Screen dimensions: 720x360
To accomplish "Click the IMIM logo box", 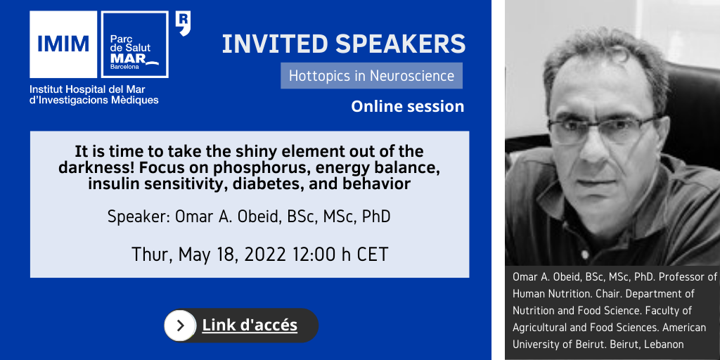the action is pos(63,44).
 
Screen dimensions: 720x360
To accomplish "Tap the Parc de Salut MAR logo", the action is pos(134,44).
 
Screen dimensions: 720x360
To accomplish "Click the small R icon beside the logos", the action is pos(183,24).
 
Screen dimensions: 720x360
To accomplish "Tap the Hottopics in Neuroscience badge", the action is pos(371,76).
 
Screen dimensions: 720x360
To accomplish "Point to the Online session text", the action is pos(408,107).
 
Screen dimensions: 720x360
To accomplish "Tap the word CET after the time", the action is pos(371,255).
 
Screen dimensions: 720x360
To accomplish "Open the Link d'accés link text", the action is pos(250,325).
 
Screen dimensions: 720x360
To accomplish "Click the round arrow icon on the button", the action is pos(180,326).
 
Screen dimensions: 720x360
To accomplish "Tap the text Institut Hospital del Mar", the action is pos(87,89).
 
